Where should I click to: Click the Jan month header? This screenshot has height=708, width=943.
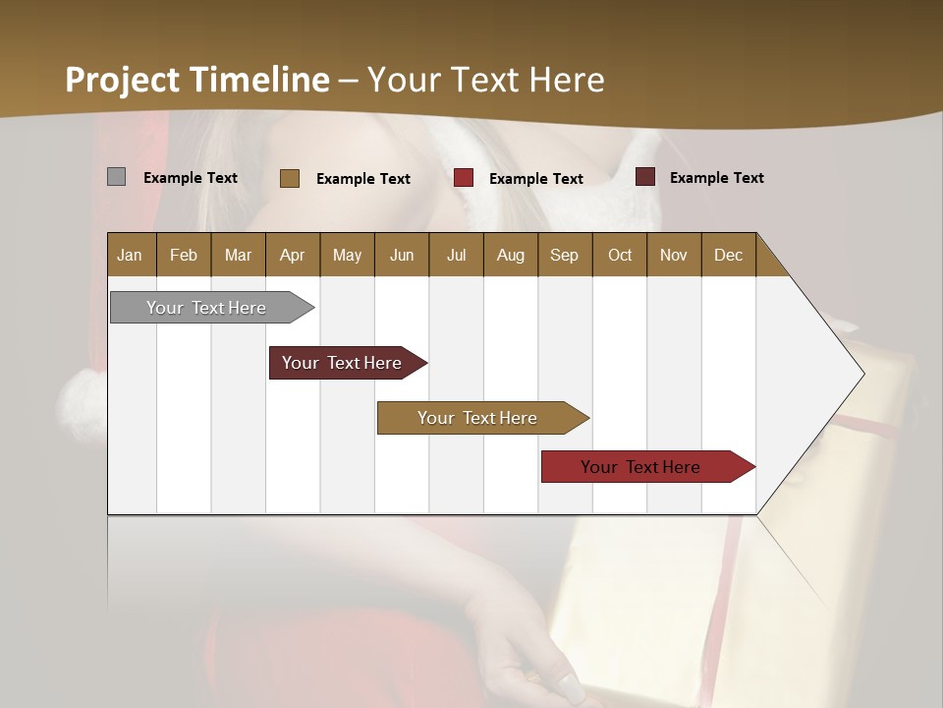(130, 256)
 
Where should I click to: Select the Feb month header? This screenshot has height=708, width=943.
(184, 256)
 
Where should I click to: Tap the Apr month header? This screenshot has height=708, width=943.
(292, 256)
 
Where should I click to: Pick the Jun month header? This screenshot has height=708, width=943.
(401, 256)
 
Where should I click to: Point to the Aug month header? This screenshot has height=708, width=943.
(510, 256)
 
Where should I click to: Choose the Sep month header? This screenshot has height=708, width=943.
(564, 256)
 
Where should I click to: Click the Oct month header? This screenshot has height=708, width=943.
(619, 256)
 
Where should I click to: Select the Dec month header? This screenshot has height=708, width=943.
(728, 256)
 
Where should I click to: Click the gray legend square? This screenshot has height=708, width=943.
(116, 177)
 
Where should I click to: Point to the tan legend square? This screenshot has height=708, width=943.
(289, 178)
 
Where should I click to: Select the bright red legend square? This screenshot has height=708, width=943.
(464, 178)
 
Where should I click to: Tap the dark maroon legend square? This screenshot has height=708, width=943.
(644, 177)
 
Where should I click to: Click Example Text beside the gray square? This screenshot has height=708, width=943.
(191, 178)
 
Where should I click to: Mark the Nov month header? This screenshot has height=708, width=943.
(673, 256)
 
